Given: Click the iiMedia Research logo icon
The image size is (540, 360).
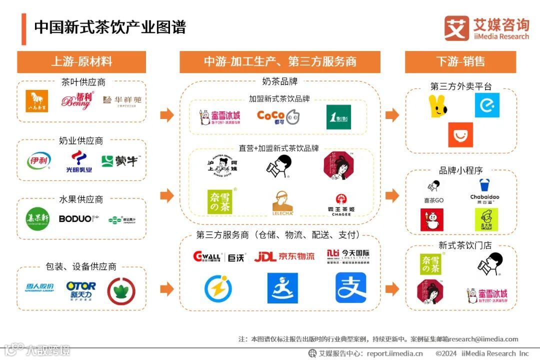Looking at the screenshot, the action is [x=456, y=28].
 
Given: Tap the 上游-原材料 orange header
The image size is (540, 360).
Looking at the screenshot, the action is [x=81, y=61].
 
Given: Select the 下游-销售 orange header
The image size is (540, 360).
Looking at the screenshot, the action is [x=460, y=61].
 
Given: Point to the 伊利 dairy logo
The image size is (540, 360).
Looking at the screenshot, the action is [x=38, y=160].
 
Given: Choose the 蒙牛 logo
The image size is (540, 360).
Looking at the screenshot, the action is [x=119, y=161].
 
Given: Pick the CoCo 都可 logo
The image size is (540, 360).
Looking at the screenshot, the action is [x=278, y=117].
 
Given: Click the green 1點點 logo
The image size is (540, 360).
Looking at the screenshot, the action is [x=338, y=117].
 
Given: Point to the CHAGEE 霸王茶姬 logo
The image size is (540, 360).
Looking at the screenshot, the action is [x=341, y=204].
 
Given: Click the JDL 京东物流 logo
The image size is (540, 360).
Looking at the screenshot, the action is [x=284, y=256].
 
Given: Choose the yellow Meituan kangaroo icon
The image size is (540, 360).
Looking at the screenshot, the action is [x=437, y=105].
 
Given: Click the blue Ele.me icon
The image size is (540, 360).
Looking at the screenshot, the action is [x=487, y=105].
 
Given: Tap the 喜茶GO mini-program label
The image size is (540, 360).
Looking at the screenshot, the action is [x=433, y=200].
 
